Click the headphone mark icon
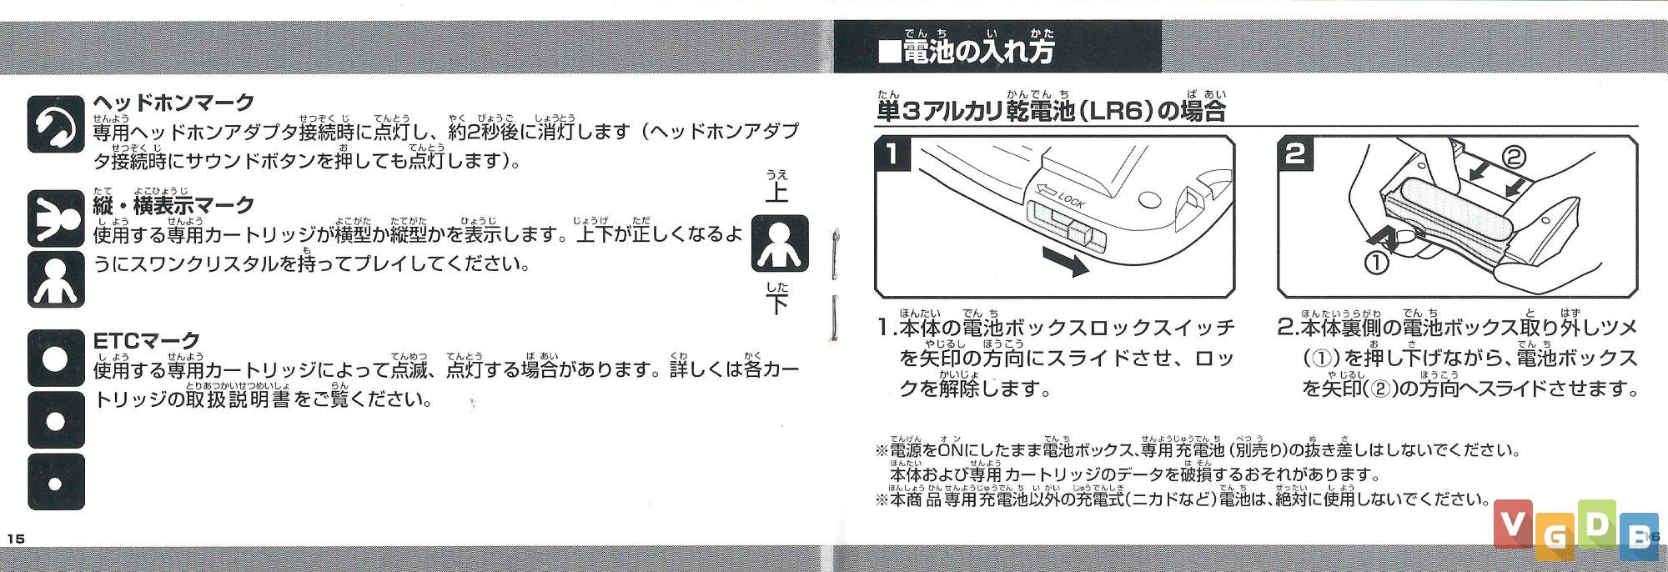point(56,124)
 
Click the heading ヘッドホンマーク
point(173,103)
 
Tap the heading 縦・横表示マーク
point(173,204)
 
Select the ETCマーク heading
point(147,340)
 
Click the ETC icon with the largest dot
point(56,359)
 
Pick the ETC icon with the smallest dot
point(56,482)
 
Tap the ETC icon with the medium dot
point(56,420)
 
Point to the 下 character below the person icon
point(776,303)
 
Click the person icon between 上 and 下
point(780,243)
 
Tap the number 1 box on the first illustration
point(893,154)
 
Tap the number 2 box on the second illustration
point(1295,154)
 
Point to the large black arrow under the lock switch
point(1063,263)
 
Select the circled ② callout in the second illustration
point(1514,157)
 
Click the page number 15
point(15,539)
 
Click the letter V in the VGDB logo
point(1513,524)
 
